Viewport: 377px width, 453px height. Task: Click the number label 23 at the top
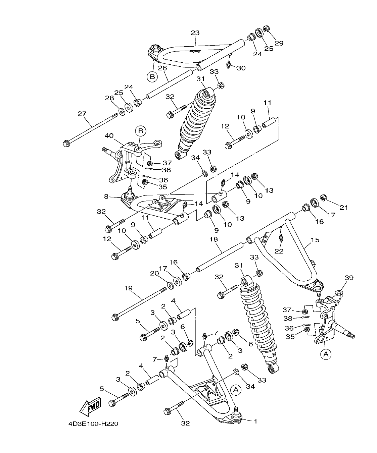[195, 33]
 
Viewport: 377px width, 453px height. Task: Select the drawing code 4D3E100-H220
[93, 424]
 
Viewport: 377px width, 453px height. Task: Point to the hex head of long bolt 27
[66, 144]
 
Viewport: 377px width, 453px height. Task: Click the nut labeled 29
[266, 29]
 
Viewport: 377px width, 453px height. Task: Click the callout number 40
[109, 136]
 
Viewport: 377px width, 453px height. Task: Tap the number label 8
[106, 196]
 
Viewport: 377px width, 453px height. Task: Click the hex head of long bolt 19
[115, 316]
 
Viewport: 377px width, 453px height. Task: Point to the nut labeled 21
[324, 197]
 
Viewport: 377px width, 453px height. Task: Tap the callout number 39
[349, 278]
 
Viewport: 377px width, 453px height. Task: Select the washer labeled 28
[121, 111]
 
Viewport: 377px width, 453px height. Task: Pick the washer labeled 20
[170, 285]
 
